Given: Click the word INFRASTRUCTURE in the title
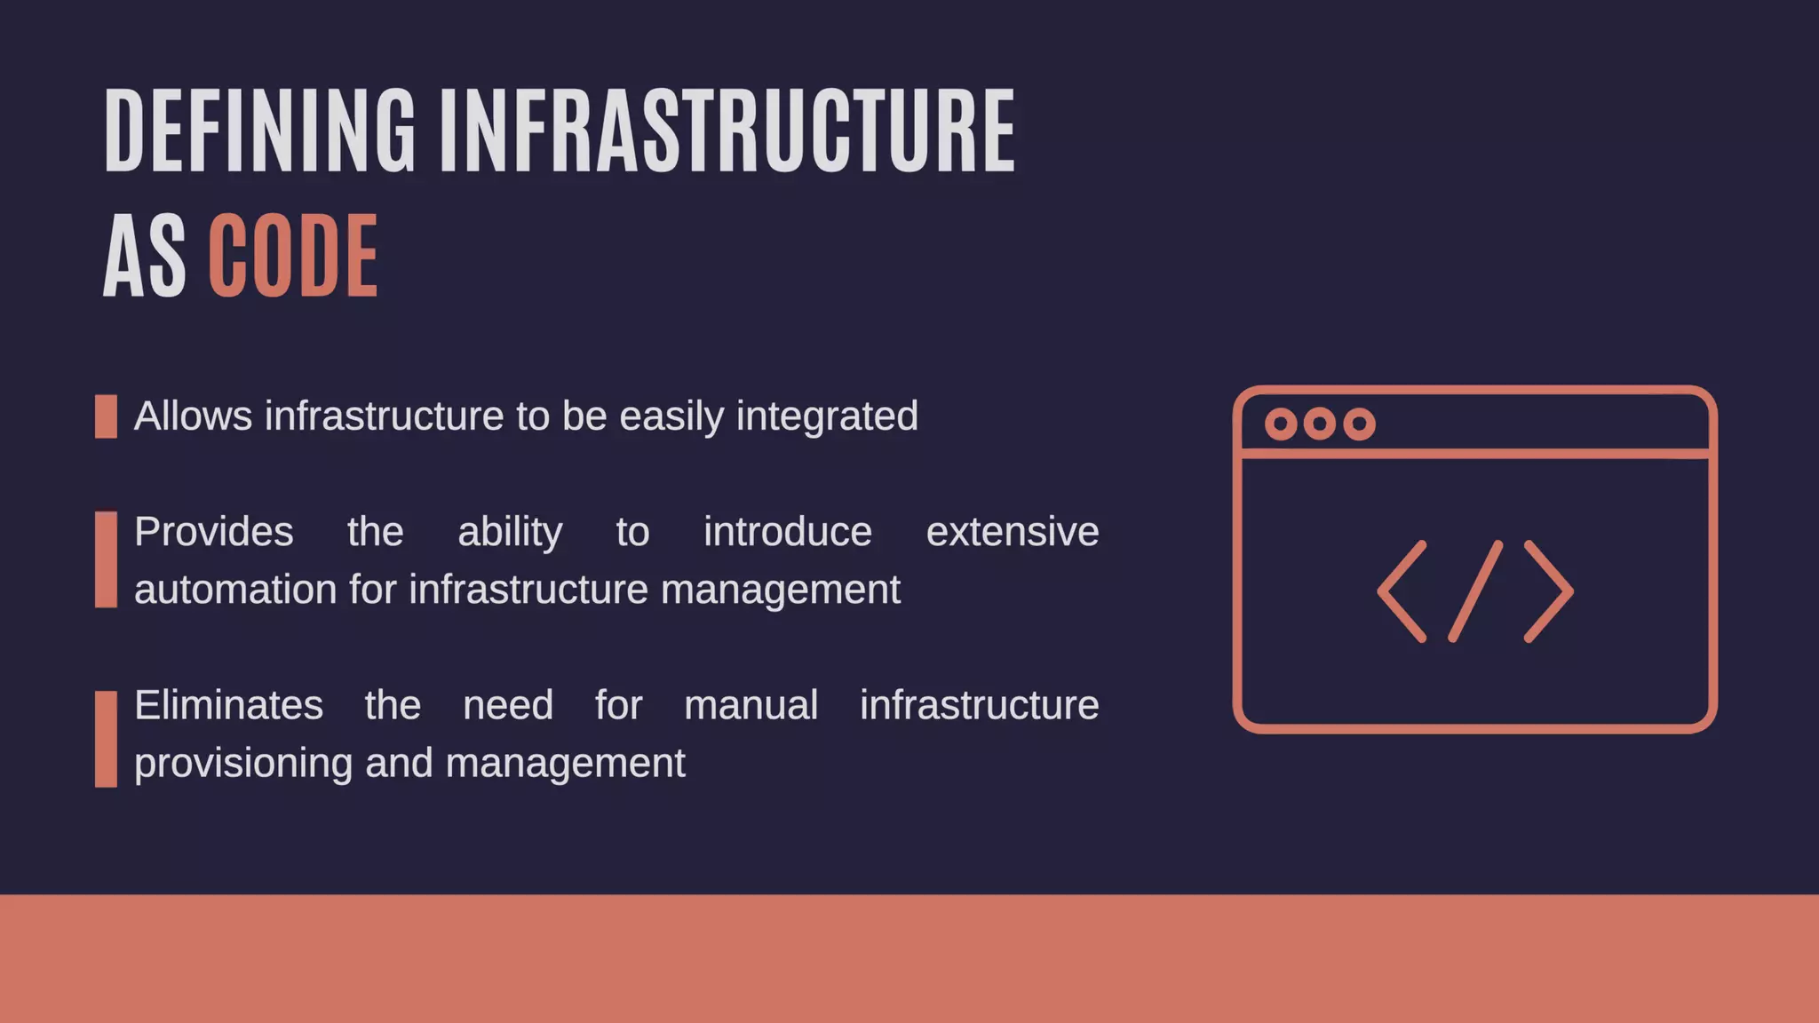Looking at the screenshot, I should (x=727, y=131).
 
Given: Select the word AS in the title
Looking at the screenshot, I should (x=144, y=258).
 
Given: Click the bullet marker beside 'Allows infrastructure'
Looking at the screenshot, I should (x=106, y=416).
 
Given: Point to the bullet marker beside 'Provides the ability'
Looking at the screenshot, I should (x=106, y=559).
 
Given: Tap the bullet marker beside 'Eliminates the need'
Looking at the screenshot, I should (x=106, y=739).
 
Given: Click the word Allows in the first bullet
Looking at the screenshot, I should (x=193, y=416).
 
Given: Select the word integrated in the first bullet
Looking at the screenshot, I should (x=827, y=416).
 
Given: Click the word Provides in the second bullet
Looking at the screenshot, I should (x=213, y=532).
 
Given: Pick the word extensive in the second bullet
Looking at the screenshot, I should (x=1012, y=532).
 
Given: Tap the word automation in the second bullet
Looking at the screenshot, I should (x=235, y=590).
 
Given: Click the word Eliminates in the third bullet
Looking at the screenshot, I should (x=228, y=705).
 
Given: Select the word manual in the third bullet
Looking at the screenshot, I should (x=751, y=705).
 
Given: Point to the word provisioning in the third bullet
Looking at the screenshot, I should (x=243, y=764).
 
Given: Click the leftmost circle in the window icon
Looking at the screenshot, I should (x=1281, y=424).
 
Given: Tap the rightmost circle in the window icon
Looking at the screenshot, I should (x=1359, y=424).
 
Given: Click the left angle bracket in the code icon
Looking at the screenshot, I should (x=1402, y=591).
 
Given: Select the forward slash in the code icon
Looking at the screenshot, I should (x=1475, y=591).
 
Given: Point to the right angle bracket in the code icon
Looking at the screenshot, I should (x=1549, y=591).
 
